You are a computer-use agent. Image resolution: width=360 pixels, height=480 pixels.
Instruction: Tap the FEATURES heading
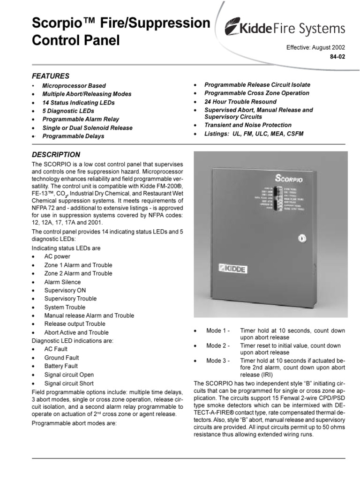click(x=50, y=76)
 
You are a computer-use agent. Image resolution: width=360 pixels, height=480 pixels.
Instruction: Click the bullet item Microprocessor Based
click(x=74, y=86)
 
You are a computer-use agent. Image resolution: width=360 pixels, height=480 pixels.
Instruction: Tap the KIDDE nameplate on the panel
click(x=233, y=270)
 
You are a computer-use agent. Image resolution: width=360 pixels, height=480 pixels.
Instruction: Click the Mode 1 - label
click(x=218, y=331)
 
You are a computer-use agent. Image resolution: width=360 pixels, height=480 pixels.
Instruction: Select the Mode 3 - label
click(x=218, y=360)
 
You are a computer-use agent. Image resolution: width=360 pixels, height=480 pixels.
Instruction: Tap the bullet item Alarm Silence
click(x=62, y=282)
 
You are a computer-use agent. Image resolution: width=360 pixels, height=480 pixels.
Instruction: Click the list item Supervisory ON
click(x=65, y=291)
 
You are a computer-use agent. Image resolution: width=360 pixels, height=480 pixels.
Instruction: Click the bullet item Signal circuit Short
click(x=69, y=383)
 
